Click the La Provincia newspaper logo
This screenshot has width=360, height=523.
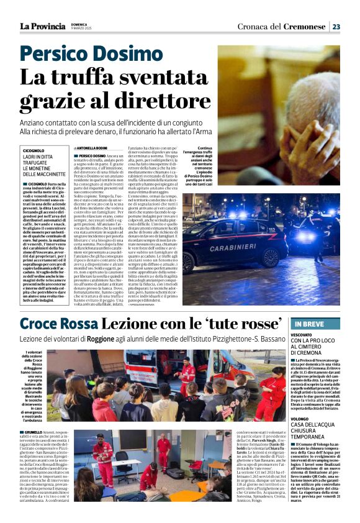pos(42,26)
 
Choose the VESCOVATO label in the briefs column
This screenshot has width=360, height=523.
pos(302,335)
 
